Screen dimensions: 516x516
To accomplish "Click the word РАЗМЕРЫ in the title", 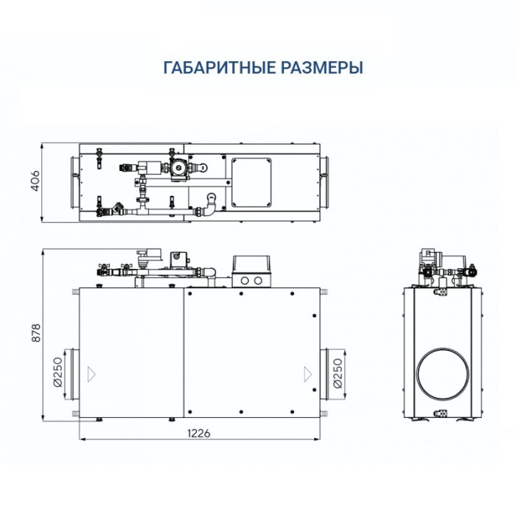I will pos(321,68).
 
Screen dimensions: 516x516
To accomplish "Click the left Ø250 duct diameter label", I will pos(57,373).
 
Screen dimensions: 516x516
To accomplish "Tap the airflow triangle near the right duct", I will pos(305,373).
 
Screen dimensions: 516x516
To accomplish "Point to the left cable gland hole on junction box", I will pos(245,280).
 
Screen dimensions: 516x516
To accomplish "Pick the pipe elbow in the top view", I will pos(212,207).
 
